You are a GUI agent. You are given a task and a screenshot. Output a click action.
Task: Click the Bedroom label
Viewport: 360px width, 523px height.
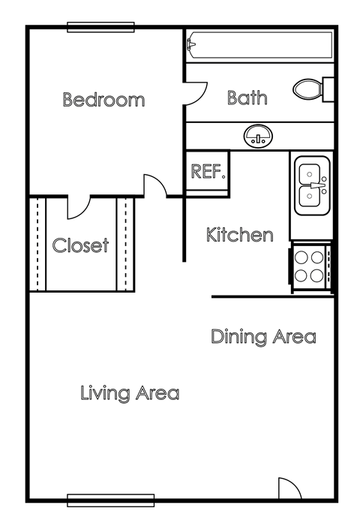pyautogui.click(x=103, y=100)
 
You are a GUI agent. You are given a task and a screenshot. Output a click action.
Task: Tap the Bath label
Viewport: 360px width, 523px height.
pyautogui.click(x=247, y=98)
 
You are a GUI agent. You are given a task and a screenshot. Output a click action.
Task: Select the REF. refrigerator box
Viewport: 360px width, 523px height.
pyautogui.click(x=208, y=172)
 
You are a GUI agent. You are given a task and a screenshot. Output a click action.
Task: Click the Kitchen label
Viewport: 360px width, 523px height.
pyautogui.click(x=239, y=235)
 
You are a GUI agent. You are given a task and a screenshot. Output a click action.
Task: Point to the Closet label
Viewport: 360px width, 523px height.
pyautogui.click(x=80, y=245)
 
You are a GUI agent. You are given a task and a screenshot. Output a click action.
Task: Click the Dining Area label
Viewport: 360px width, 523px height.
pyautogui.click(x=262, y=336)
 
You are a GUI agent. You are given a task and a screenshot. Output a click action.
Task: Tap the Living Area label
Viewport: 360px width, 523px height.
pyautogui.click(x=130, y=392)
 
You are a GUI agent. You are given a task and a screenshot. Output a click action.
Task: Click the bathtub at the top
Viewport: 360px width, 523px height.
pyautogui.click(x=258, y=46)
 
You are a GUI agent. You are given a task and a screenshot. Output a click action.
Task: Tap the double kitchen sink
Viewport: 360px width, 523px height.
pyautogui.click(x=311, y=185)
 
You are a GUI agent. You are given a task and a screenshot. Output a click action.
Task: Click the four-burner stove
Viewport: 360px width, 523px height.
pyautogui.click(x=310, y=266)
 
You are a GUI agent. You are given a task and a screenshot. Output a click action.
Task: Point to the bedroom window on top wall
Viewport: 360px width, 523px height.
pyautogui.click(x=100, y=28)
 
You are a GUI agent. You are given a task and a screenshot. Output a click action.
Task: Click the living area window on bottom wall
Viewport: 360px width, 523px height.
pyautogui.click(x=110, y=500)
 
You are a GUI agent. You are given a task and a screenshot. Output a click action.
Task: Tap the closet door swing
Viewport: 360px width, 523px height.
pyautogui.click(x=78, y=206)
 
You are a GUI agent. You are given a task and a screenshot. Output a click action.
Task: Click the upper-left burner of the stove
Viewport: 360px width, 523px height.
pyautogui.click(x=301, y=257)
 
